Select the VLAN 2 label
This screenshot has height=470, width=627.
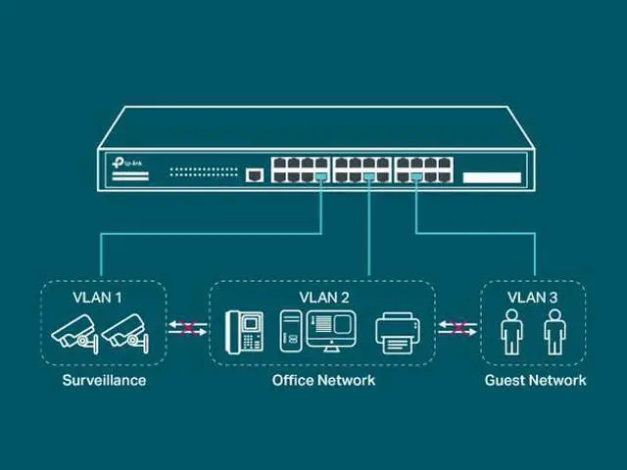pyautogui.click(x=323, y=296)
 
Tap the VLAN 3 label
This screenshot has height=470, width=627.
pyautogui.click(x=532, y=296)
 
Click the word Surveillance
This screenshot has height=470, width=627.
pyautogui.click(x=104, y=380)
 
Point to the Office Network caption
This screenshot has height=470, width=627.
pyautogui.click(x=323, y=380)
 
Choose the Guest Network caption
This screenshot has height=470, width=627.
pyautogui.click(x=535, y=380)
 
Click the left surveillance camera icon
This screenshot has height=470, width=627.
pyautogui.click(x=75, y=332)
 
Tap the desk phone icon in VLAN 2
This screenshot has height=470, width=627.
pyautogui.click(x=245, y=331)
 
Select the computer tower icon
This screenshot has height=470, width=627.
pyautogui.click(x=290, y=331)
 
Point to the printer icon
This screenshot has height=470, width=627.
pyautogui.click(x=399, y=332)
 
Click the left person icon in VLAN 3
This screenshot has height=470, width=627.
pyautogui.click(x=511, y=332)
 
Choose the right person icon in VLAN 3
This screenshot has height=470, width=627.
pyautogui.click(x=555, y=332)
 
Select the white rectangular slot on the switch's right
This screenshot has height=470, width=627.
pyautogui.click(x=492, y=177)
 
